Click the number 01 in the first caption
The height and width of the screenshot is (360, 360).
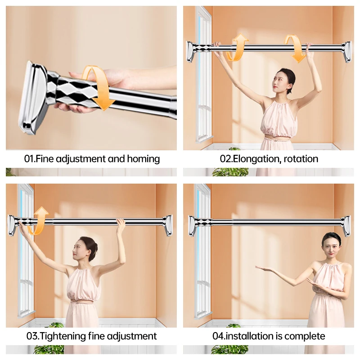29,159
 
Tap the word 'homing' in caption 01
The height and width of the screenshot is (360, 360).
144,159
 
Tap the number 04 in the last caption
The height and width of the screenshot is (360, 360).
218,336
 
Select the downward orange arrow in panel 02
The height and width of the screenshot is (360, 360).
295,48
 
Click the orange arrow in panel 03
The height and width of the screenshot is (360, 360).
37,220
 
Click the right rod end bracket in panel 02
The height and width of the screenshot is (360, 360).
346,51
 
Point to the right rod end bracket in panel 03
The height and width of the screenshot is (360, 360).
168,225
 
